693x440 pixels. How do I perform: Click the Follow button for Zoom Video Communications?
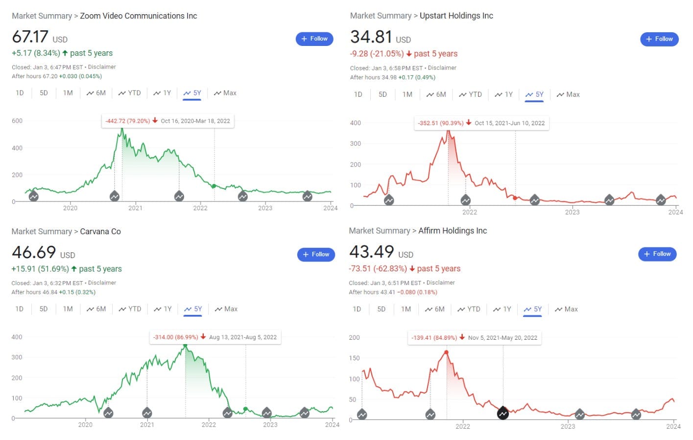pos(314,39)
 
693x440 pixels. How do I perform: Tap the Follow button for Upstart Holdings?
pos(659,39)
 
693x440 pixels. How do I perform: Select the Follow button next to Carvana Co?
pos(316,255)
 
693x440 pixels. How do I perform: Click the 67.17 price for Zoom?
pos(30,37)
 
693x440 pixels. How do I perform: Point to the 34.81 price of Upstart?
pos(371,37)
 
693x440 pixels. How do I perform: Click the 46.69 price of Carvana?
pos(34,253)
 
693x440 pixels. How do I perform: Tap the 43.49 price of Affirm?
pos(371,252)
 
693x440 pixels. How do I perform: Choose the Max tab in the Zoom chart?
pos(225,93)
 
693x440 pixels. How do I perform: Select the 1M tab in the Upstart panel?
pos(407,95)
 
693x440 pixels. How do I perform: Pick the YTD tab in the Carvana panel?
pos(130,309)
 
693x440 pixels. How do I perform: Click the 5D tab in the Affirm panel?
pos(381,309)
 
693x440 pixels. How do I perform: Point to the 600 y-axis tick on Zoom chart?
pos(17,121)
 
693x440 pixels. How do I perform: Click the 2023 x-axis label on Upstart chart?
pos(572,212)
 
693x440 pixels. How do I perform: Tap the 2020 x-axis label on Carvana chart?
pos(85,425)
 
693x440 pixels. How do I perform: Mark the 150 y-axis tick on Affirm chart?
pos(354,358)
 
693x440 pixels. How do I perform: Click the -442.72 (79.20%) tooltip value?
pos(127,121)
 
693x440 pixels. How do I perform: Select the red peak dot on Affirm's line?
pos(446,352)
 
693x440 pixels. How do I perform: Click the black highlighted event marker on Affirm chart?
pos(502,414)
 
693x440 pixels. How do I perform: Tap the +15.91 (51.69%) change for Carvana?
pos(40,269)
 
